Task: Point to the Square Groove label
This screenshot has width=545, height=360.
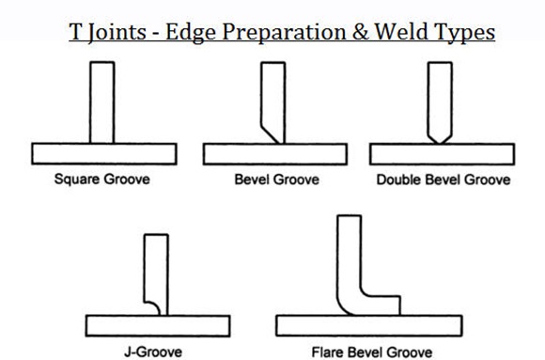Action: [x=101, y=180]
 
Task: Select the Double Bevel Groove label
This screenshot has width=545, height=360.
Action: [x=443, y=180]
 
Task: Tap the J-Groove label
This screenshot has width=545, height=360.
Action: [x=155, y=352]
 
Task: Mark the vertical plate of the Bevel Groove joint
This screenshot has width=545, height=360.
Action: [x=273, y=94]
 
